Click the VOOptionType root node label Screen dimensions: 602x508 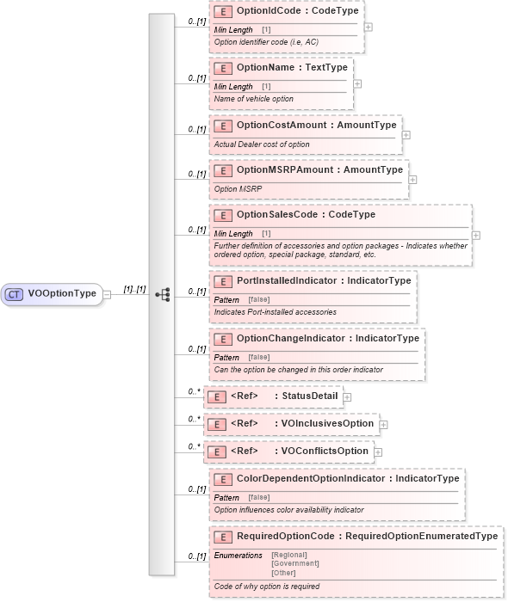[62, 293]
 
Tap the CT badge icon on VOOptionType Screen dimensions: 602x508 [15, 294]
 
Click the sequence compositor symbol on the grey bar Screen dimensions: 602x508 [162, 293]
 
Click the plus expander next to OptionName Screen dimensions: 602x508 [357, 83]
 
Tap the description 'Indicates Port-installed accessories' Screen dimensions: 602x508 [276, 311]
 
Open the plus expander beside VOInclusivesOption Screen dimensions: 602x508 [383, 424]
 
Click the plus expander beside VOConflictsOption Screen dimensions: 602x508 [378, 451]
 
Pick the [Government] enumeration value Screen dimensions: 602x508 [294, 563]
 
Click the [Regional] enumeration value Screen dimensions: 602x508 [289, 555]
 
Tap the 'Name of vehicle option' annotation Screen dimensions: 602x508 [254, 99]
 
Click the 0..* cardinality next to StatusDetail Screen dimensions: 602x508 [195, 391]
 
